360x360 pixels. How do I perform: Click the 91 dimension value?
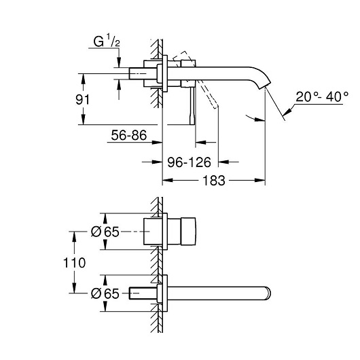[83, 99]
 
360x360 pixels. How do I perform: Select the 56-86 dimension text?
[129, 135]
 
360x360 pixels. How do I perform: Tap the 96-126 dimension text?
[189, 162]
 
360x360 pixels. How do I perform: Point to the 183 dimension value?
[214, 181]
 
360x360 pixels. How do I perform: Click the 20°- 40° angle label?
[322, 96]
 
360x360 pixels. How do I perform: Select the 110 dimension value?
[75, 262]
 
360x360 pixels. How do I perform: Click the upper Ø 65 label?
[105, 232]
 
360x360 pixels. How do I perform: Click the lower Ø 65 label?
[105, 293]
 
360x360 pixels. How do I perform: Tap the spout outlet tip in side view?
[266, 86]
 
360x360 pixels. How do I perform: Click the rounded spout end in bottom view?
[268, 293]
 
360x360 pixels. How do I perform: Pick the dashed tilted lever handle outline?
[194, 79]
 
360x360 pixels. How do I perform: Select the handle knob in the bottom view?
[188, 232]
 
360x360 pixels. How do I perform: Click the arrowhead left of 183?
[168, 181]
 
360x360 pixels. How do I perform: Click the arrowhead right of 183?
[260, 181]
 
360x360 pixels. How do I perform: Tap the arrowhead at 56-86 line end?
[158, 143]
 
